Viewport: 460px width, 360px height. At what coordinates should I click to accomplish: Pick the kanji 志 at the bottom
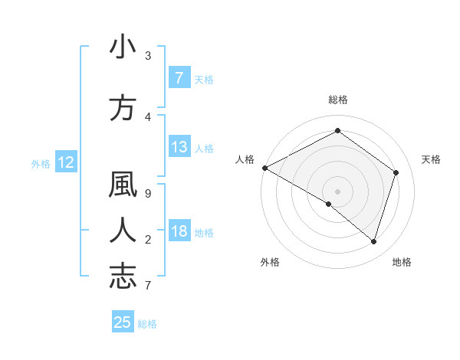[x=123, y=275]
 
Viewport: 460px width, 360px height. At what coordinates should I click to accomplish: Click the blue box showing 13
[x=179, y=147]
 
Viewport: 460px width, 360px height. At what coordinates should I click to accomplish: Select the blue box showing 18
[x=179, y=232]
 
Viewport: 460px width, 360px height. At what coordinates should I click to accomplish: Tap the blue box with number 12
[x=65, y=162]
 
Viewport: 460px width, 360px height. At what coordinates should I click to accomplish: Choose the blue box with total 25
[x=123, y=322]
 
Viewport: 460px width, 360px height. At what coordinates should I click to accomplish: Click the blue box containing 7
[x=179, y=77]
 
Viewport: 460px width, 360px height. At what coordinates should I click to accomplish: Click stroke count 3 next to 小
[x=148, y=56]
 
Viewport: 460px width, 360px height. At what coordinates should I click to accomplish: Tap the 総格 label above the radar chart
[x=338, y=100]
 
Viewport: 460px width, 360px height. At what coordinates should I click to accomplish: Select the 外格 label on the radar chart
[x=270, y=262]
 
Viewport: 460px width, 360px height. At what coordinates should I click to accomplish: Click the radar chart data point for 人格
[x=264, y=168]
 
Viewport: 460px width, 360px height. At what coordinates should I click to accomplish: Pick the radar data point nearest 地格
[x=373, y=241]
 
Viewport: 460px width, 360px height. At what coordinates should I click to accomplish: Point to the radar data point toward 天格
[x=396, y=172]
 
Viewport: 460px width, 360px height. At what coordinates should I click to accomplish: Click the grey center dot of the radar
[x=337, y=191]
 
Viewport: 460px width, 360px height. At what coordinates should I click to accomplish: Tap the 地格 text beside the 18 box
[x=205, y=233]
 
